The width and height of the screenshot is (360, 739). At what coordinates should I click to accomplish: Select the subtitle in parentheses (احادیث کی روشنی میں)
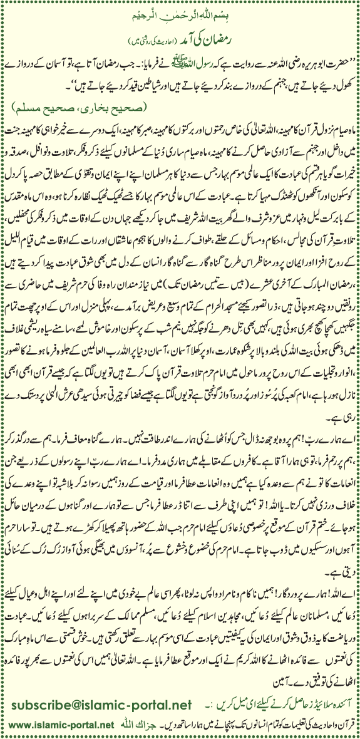click(180, 48)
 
